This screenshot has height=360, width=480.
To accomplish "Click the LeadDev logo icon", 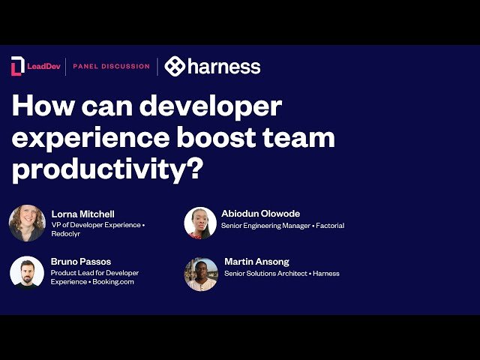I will click(x=17, y=66).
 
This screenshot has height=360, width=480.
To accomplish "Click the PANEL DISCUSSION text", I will click(x=111, y=66).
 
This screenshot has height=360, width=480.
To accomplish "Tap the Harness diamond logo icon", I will click(x=175, y=66).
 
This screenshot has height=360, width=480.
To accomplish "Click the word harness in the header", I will click(x=224, y=66).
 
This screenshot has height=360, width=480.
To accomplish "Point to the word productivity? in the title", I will click(x=107, y=169).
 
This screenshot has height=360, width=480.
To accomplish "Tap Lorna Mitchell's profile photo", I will click(x=27, y=223).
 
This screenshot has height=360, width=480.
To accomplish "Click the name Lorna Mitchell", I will click(x=82, y=214).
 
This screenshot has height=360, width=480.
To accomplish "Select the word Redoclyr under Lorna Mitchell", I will click(x=67, y=235).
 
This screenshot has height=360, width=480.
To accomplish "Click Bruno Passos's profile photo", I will click(x=27, y=271).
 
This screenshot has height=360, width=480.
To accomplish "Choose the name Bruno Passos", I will click(x=81, y=262).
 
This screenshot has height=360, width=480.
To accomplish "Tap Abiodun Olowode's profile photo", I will click(x=200, y=223).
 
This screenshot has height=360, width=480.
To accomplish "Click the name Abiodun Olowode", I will click(x=260, y=214).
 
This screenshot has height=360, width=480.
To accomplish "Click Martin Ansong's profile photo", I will click(x=201, y=274).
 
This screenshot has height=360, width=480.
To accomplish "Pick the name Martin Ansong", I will click(x=256, y=262).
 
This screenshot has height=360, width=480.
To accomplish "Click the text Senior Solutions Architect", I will click(x=265, y=274).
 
